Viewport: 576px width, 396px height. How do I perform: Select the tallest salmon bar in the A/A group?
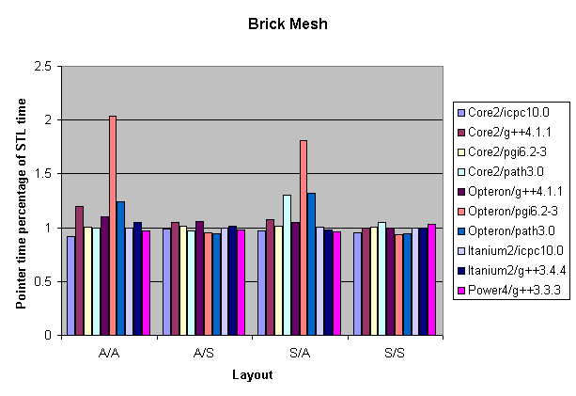pos(113,226)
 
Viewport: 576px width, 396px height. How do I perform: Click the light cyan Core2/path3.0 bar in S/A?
pos(287,264)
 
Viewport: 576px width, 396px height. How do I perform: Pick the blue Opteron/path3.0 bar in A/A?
pos(120,268)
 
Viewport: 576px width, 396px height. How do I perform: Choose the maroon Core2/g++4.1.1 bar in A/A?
pos(79,270)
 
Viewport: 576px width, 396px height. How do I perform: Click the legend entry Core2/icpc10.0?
pos(512,111)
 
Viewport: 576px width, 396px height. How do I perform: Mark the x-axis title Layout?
pos(252,374)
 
